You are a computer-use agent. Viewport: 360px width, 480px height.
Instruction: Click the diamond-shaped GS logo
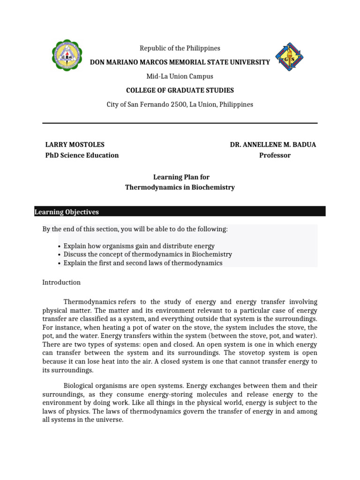tap(289, 57)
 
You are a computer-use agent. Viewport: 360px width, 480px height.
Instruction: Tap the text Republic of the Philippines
tap(180, 48)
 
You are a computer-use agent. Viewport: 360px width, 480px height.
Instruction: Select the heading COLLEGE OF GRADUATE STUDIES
tap(180, 90)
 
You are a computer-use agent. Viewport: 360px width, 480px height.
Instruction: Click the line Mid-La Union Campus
tap(180, 76)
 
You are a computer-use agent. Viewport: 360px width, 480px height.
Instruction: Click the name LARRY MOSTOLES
tap(75, 145)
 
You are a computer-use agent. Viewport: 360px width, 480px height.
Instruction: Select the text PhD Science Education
tap(82, 155)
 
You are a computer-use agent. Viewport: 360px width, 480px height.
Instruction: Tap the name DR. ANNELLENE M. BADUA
tap(273, 145)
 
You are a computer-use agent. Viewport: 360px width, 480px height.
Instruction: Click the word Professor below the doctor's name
tap(275, 155)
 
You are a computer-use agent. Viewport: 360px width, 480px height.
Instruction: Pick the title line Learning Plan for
tap(182, 177)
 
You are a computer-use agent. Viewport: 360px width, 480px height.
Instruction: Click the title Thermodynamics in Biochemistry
tap(180, 187)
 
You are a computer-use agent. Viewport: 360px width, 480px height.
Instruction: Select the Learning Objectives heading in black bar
tap(67, 212)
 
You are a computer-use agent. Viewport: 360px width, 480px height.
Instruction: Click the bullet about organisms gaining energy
tap(139, 246)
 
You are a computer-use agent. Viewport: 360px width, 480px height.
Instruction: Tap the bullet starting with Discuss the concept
tap(148, 255)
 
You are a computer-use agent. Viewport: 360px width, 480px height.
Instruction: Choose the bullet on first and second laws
tap(143, 263)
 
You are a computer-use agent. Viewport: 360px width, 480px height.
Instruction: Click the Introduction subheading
tap(61, 283)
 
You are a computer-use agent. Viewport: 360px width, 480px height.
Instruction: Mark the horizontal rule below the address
tap(180, 123)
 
